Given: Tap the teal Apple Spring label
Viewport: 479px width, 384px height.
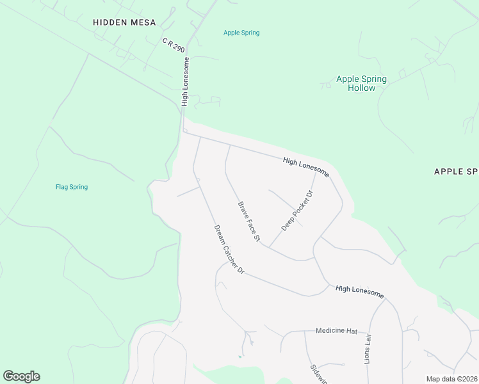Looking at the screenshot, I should [x=241, y=33].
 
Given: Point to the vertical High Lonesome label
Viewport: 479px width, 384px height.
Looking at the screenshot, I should [x=186, y=83].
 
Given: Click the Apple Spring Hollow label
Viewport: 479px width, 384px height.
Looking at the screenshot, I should [x=362, y=84].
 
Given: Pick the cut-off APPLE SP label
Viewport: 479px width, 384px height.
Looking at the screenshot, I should [x=456, y=172].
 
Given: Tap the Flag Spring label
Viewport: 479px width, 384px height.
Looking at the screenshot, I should [x=72, y=187].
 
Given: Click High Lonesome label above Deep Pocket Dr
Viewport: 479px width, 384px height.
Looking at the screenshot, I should [x=306, y=168].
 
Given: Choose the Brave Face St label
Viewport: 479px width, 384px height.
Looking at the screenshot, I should [x=249, y=221].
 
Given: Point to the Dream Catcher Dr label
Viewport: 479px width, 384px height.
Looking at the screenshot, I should [x=229, y=249].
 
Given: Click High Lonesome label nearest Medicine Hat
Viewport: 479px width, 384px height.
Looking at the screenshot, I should [x=359, y=292].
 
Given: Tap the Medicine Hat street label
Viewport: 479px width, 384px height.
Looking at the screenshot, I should [x=336, y=331].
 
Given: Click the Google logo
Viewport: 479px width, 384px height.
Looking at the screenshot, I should [x=21, y=376].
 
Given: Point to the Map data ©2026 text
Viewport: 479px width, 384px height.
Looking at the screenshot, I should [x=451, y=379].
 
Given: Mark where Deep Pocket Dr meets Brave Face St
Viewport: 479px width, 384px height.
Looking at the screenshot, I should [x=268, y=248].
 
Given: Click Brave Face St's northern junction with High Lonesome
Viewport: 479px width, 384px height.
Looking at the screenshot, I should [x=230, y=145].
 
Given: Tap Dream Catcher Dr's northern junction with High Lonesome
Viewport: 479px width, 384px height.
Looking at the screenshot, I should [x=200, y=137].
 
